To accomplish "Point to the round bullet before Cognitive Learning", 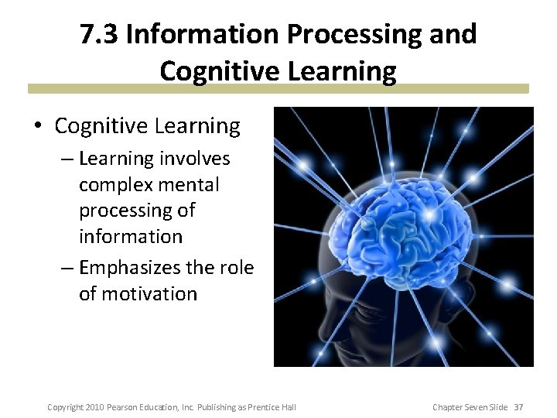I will tap(40, 127).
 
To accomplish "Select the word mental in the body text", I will tap(193, 185).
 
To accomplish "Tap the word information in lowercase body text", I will tap(130, 236).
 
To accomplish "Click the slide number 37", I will tap(518, 407).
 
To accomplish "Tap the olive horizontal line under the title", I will tap(278, 88).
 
